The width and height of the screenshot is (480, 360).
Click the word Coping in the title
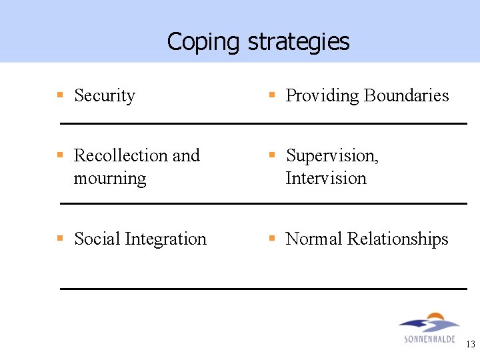point(203,42)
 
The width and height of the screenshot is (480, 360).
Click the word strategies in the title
point(298,42)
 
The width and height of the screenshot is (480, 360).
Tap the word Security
point(105,96)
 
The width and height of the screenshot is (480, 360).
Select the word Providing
point(322,96)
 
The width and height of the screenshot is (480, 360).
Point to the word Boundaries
point(406,96)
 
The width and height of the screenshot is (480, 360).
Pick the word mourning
point(110,179)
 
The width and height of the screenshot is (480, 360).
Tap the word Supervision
point(332,156)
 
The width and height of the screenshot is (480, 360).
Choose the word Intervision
point(326,179)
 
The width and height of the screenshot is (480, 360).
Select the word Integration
point(165,239)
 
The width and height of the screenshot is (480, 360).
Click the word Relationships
point(398,239)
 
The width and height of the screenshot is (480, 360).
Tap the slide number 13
point(471,345)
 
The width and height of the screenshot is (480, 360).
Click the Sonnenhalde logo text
point(429,339)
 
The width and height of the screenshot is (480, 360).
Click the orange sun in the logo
point(435,317)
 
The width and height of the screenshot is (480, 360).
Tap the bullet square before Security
point(60,95)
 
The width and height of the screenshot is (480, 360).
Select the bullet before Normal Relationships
point(272,238)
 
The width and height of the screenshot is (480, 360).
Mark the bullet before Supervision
point(272,155)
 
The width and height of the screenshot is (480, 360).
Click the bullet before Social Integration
point(60,238)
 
